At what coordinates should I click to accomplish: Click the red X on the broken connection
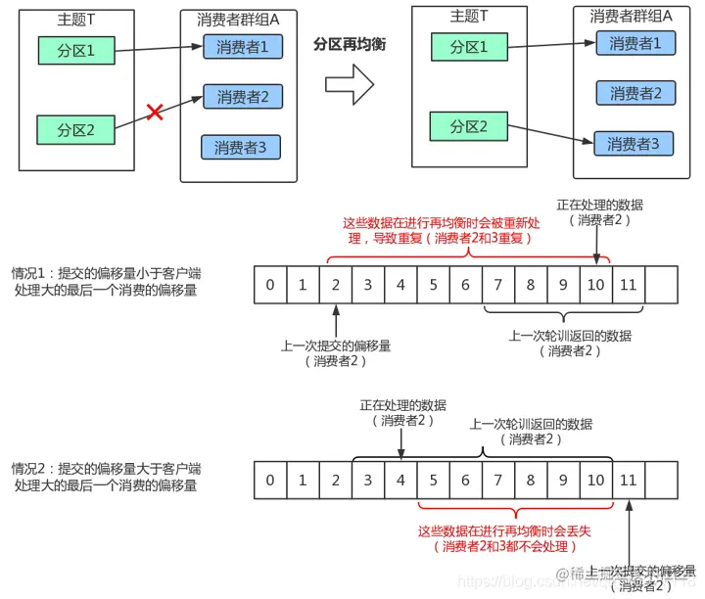point(154,113)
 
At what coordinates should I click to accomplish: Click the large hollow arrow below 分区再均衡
point(350,84)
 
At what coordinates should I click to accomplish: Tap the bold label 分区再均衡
point(351,44)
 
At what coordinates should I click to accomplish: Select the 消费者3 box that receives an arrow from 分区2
point(634,144)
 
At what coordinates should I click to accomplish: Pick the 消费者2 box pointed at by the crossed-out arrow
point(242,97)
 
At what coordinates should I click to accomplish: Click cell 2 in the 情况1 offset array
point(335,285)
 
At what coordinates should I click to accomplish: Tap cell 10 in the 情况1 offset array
point(596,285)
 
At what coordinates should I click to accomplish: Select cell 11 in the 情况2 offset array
point(629,481)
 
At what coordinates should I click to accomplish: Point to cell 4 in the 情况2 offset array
point(400,481)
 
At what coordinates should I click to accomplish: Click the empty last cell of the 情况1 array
point(661,285)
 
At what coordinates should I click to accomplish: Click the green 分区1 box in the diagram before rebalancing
point(75,49)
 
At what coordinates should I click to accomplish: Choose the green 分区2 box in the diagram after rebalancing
point(468,127)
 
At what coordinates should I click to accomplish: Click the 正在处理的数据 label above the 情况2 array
point(402,404)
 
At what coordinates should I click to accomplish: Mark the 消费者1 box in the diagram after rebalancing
point(634,43)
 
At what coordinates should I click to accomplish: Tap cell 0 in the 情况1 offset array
point(269,285)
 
